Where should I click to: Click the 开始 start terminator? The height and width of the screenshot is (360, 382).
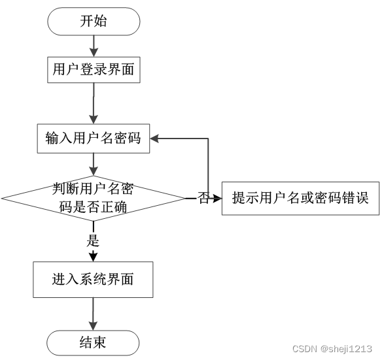pyautogui.click(x=94, y=22)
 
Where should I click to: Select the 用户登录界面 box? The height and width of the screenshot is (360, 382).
pyautogui.click(x=94, y=70)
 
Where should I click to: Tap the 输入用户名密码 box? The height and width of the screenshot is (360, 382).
pyautogui.click(x=94, y=139)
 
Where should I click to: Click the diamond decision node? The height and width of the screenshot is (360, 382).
pyautogui.click(x=94, y=199)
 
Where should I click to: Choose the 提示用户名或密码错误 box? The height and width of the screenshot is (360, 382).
pyautogui.click(x=301, y=199)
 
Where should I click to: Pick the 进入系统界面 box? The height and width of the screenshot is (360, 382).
pyautogui.click(x=93, y=280)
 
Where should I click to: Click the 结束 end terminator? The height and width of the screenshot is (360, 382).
pyautogui.click(x=93, y=343)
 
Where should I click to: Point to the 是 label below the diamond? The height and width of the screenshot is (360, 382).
pyautogui.click(x=93, y=240)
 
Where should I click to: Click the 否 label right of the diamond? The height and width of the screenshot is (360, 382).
pyautogui.click(x=203, y=198)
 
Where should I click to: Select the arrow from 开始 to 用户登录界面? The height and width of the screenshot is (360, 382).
pyautogui.click(x=94, y=46)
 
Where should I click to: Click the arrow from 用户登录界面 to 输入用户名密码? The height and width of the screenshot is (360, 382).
pyautogui.click(x=94, y=103)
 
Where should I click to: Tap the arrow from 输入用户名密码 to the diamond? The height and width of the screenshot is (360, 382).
pyautogui.click(x=94, y=165)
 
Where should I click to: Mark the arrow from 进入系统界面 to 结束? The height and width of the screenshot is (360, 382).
pyautogui.click(x=93, y=314)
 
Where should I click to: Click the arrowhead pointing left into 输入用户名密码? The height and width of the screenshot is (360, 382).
pyautogui.click(x=154, y=139)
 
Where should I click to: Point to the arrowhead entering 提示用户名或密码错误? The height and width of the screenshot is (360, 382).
pyautogui.click(x=217, y=199)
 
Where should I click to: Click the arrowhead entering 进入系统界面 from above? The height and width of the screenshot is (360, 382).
pyautogui.click(x=93, y=257)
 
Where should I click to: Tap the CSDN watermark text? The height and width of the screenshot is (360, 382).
pyautogui.click(x=305, y=349)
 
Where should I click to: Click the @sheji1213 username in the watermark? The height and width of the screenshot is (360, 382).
pyautogui.click(x=347, y=349)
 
